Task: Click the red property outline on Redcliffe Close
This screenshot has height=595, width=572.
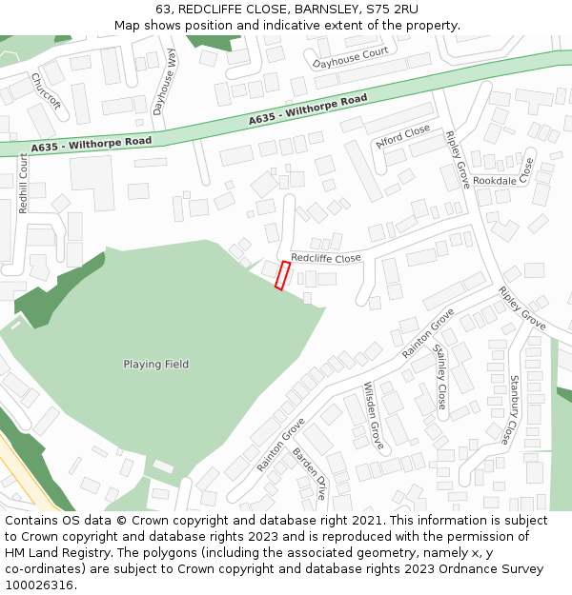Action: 282,275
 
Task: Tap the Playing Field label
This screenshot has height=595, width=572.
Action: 155,365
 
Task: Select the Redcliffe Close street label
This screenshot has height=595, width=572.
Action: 326,258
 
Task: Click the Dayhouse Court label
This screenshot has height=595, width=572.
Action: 350,59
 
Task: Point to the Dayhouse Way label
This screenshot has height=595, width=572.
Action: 165,83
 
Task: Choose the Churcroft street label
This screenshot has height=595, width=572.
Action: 45,89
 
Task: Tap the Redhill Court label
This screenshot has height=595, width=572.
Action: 24,183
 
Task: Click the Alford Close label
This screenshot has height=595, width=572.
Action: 402,139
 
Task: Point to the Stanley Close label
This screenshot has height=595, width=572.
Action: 440,377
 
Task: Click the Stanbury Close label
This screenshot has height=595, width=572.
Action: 515,410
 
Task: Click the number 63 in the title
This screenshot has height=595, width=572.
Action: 164,9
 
